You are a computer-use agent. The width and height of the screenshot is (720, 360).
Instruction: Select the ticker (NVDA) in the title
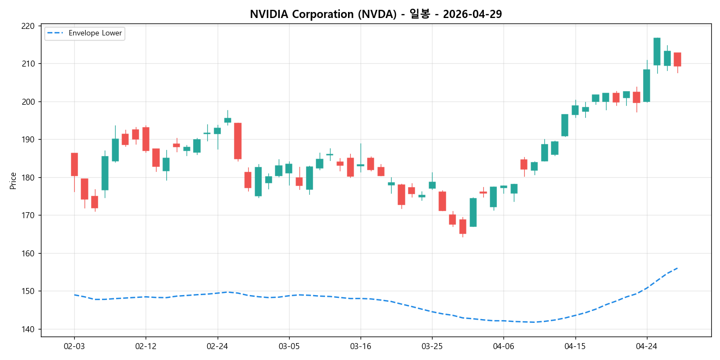click(376, 14)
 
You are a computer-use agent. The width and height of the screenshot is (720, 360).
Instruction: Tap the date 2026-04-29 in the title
click(472, 14)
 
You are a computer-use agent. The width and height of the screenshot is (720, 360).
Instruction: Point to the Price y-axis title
click(13, 181)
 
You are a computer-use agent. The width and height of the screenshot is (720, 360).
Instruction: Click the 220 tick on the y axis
click(28, 26)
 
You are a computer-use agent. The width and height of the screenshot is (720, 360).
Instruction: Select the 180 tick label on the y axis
click(28, 178)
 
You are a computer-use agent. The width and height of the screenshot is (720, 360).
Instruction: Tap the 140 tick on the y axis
click(28, 329)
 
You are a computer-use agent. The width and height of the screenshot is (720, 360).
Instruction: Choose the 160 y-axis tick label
click(28, 254)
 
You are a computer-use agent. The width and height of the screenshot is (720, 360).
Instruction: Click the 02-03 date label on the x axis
click(74, 346)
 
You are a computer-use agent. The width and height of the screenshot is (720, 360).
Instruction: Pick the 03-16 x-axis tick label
click(361, 346)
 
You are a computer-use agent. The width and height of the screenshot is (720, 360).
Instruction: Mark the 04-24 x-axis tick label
click(647, 346)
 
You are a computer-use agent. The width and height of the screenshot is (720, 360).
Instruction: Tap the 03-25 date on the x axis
click(432, 346)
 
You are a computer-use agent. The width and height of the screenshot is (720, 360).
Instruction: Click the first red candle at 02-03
click(74, 164)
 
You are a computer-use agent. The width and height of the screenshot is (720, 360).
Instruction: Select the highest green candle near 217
click(657, 51)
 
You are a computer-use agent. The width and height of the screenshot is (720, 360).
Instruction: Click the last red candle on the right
click(677, 59)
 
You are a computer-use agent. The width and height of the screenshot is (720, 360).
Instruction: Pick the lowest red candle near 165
click(463, 226)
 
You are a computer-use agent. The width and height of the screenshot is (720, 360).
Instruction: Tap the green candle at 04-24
click(646, 85)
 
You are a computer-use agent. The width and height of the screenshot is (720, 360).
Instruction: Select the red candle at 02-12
click(146, 139)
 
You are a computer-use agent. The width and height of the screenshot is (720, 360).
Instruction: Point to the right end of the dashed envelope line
click(677, 268)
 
